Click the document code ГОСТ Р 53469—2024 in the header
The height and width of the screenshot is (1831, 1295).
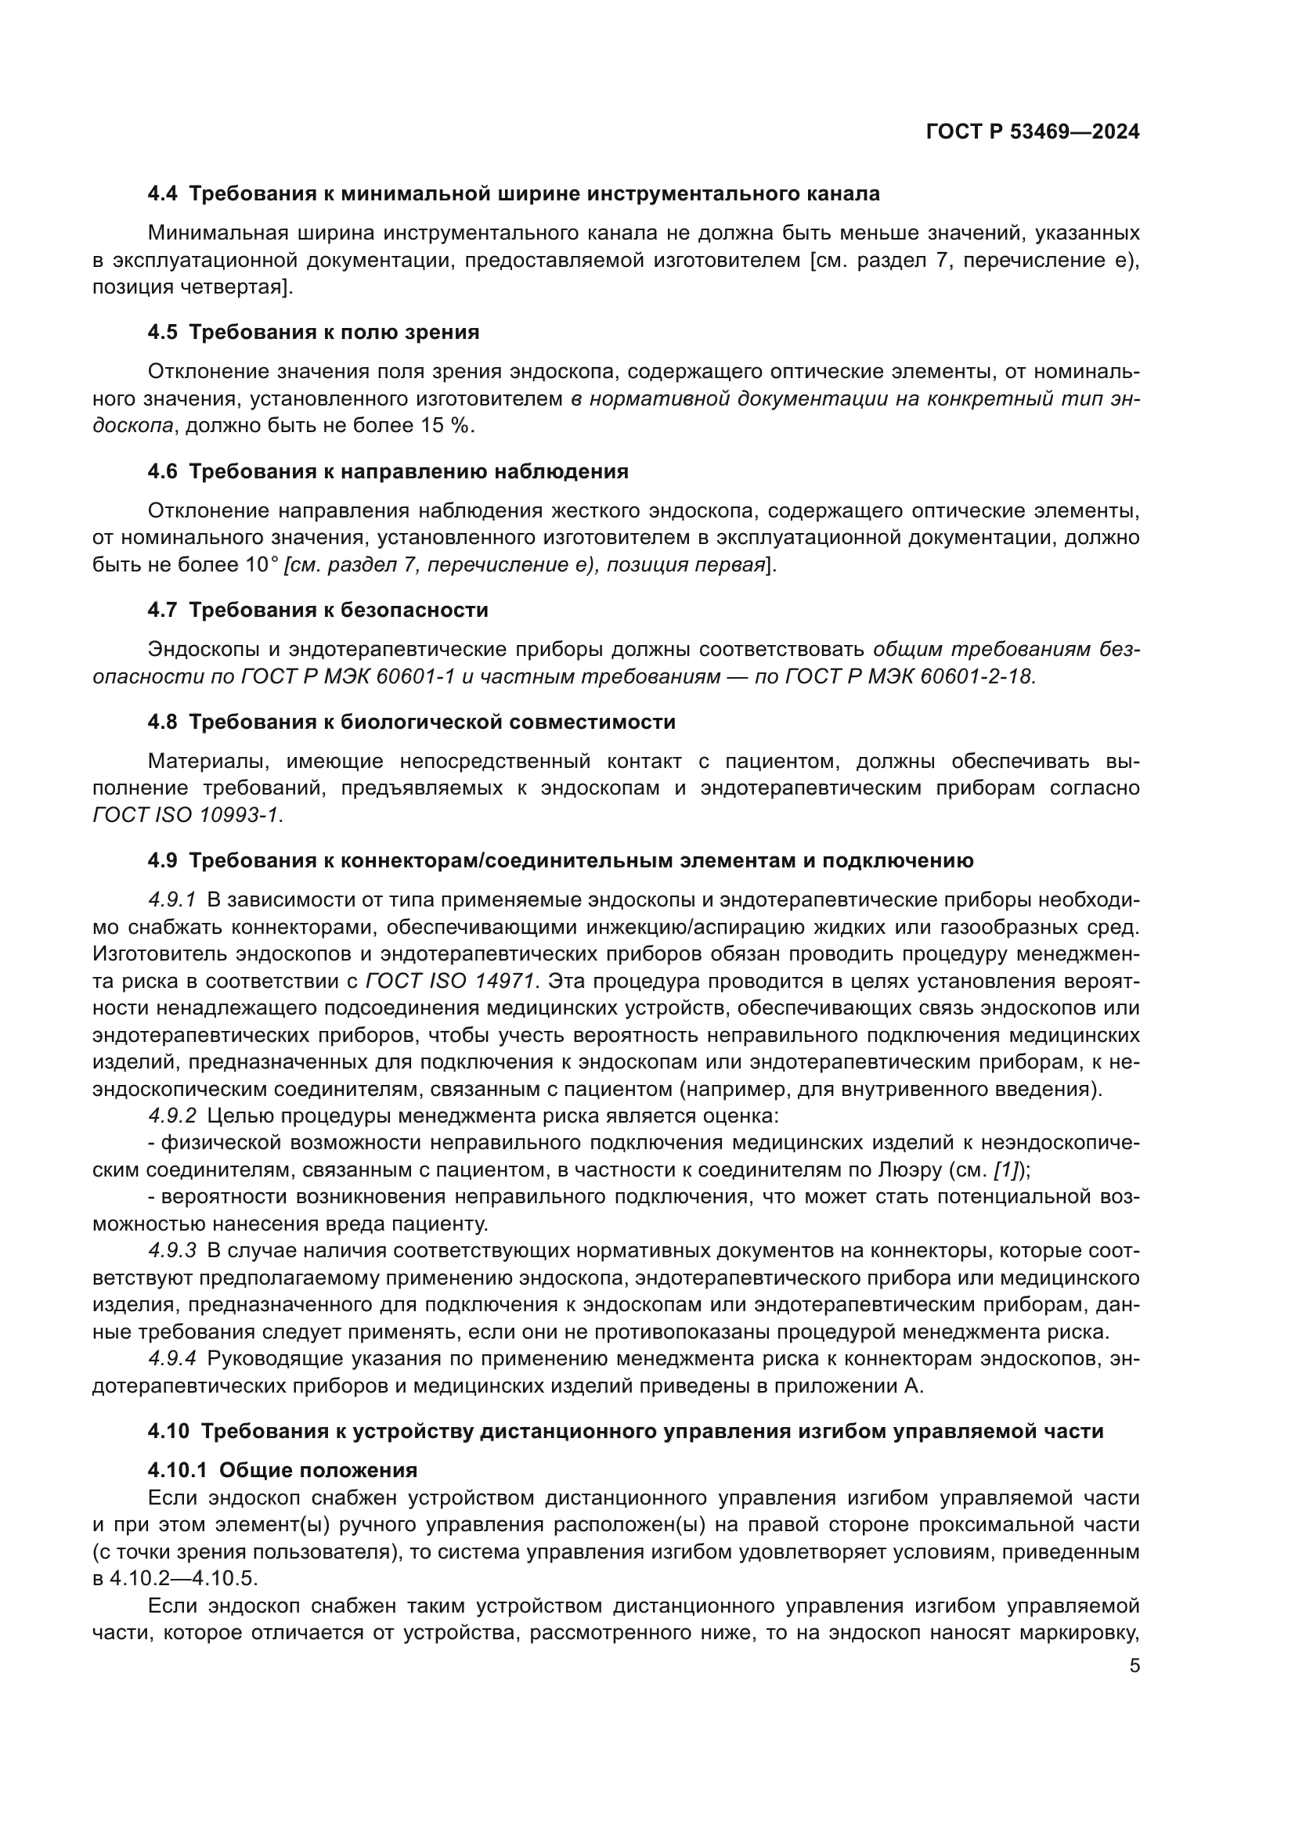click(1033, 132)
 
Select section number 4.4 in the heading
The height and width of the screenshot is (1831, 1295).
click(163, 194)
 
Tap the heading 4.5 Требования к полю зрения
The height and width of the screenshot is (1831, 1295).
click(313, 333)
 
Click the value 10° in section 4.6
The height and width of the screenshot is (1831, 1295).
click(262, 565)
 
